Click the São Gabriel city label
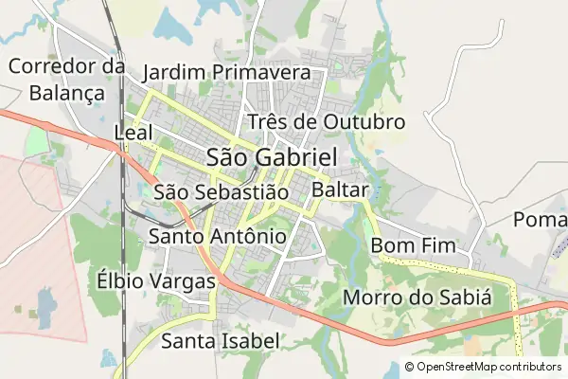click(x=271, y=157)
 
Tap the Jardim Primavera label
click(x=226, y=73)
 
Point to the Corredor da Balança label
click(x=67, y=80)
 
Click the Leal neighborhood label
click(x=133, y=132)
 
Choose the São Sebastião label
click(x=220, y=192)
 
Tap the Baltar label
click(x=339, y=190)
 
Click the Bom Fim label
click(x=413, y=245)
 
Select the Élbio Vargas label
click(x=156, y=280)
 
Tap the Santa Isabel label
click(x=220, y=340)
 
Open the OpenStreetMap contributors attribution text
click(x=488, y=367)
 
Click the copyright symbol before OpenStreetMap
click(x=409, y=367)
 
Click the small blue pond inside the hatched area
click(x=44, y=302)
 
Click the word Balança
click(x=67, y=93)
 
